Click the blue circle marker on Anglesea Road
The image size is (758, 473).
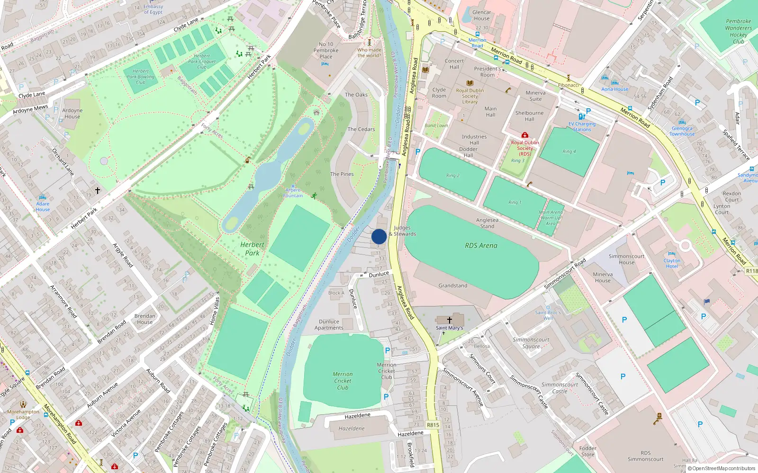(x=379, y=236)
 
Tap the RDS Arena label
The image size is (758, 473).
(x=481, y=245)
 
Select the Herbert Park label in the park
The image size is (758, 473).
(x=252, y=249)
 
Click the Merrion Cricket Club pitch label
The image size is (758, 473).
(x=343, y=381)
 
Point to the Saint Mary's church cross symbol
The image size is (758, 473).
(x=450, y=320)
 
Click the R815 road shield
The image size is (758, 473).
(x=433, y=425)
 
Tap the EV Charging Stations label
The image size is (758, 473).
(x=582, y=127)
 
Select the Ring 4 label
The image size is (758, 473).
(x=569, y=152)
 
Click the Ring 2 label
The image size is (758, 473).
(x=452, y=175)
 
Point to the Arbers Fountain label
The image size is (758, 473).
(x=293, y=193)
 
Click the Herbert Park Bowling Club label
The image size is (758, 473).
(x=140, y=77)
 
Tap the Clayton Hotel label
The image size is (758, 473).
(x=672, y=263)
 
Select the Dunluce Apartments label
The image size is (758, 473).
(x=329, y=324)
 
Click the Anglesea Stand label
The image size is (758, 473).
(x=487, y=223)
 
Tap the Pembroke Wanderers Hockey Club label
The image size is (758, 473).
(x=738, y=31)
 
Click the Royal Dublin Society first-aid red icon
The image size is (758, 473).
(x=524, y=135)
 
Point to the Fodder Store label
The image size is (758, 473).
(x=587, y=451)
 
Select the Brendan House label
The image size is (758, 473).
(x=144, y=319)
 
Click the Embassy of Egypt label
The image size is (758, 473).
(x=153, y=9)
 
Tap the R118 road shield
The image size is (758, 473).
(x=751, y=271)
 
